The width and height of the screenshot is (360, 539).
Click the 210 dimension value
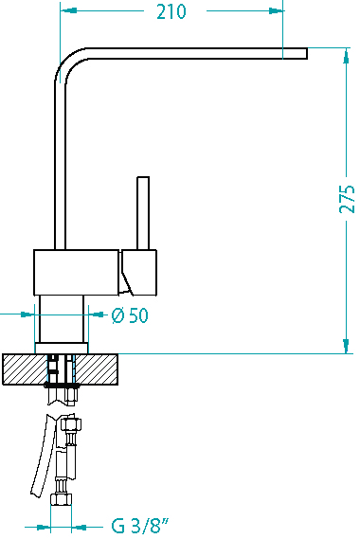pos(171,11)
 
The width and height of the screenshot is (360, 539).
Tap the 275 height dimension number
pos(347,199)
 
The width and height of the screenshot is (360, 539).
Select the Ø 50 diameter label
pos(130,315)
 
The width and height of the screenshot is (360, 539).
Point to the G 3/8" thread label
pos(140,526)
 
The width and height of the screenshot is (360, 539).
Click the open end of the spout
pos(306,54)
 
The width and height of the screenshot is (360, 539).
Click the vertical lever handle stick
pos(143,213)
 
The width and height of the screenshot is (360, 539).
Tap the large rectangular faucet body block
pos(77,272)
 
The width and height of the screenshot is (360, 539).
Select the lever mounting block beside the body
pos(138,272)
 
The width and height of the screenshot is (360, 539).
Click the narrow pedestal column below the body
pos(62,319)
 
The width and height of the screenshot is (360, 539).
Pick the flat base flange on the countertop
pos(62,348)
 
